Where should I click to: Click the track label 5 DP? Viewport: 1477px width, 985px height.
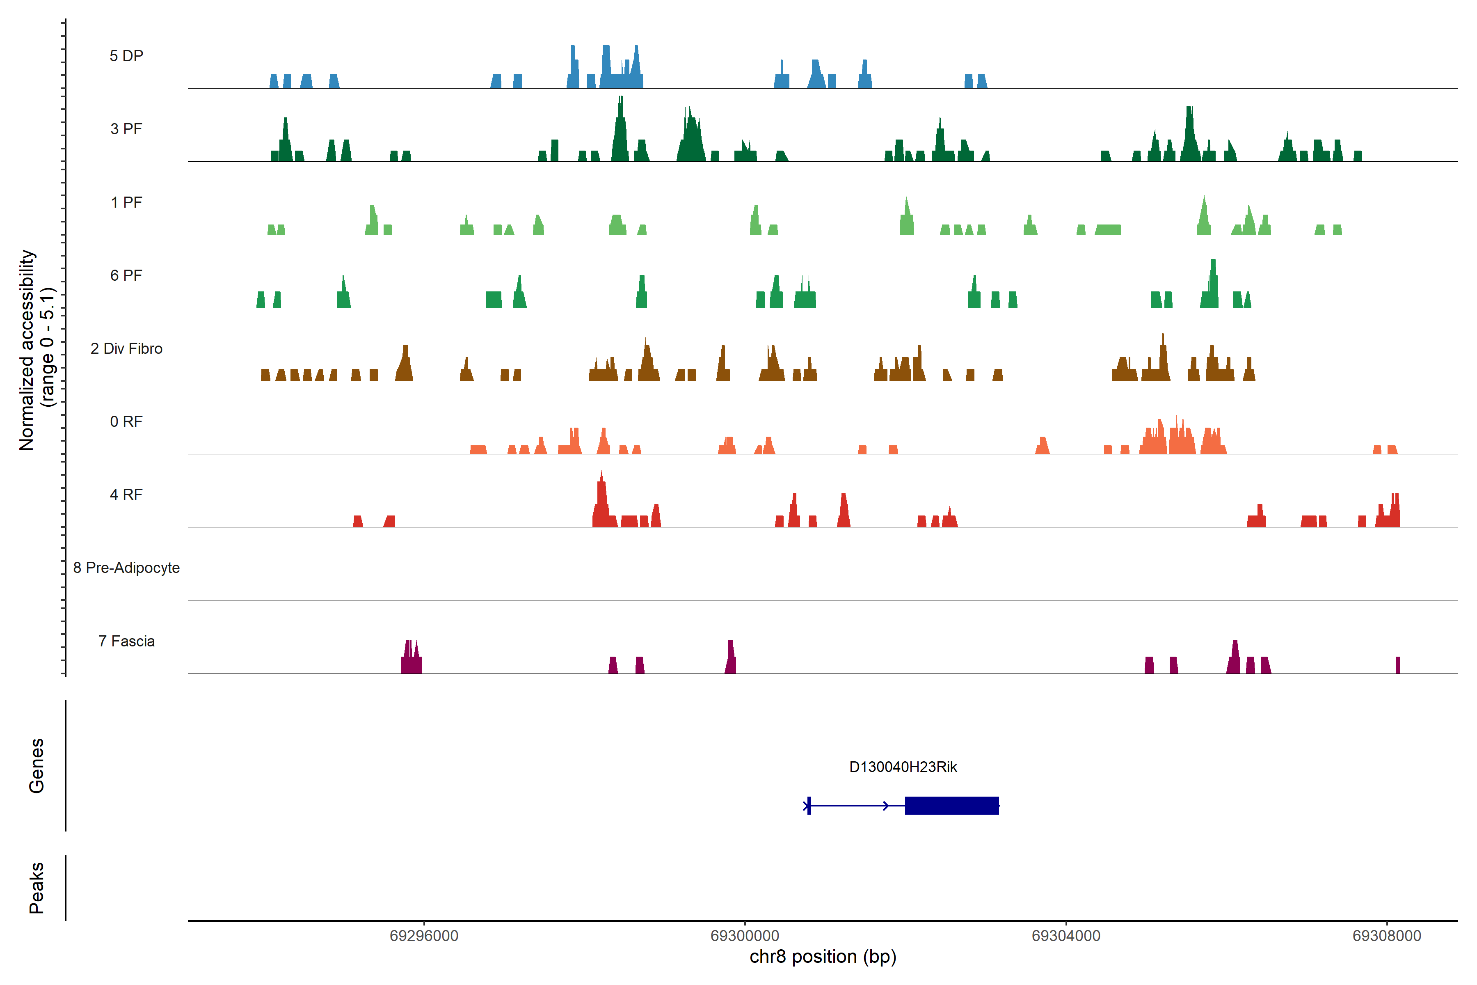click(126, 56)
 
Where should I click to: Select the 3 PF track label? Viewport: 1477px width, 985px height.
click(126, 129)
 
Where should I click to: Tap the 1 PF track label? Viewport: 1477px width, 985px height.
click(126, 202)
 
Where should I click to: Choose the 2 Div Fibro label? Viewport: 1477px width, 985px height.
click(126, 348)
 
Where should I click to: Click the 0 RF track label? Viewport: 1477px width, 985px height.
click(126, 421)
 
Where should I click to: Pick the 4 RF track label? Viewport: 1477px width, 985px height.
click(126, 495)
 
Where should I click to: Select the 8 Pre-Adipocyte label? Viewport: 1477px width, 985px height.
click(126, 568)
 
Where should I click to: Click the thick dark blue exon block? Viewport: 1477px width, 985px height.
click(951, 805)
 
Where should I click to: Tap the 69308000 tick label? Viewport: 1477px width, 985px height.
click(1387, 936)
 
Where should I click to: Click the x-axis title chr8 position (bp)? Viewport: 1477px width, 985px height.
click(823, 957)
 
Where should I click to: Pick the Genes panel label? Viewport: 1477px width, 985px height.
click(37, 766)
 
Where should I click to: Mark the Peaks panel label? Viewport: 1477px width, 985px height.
click(37, 888)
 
